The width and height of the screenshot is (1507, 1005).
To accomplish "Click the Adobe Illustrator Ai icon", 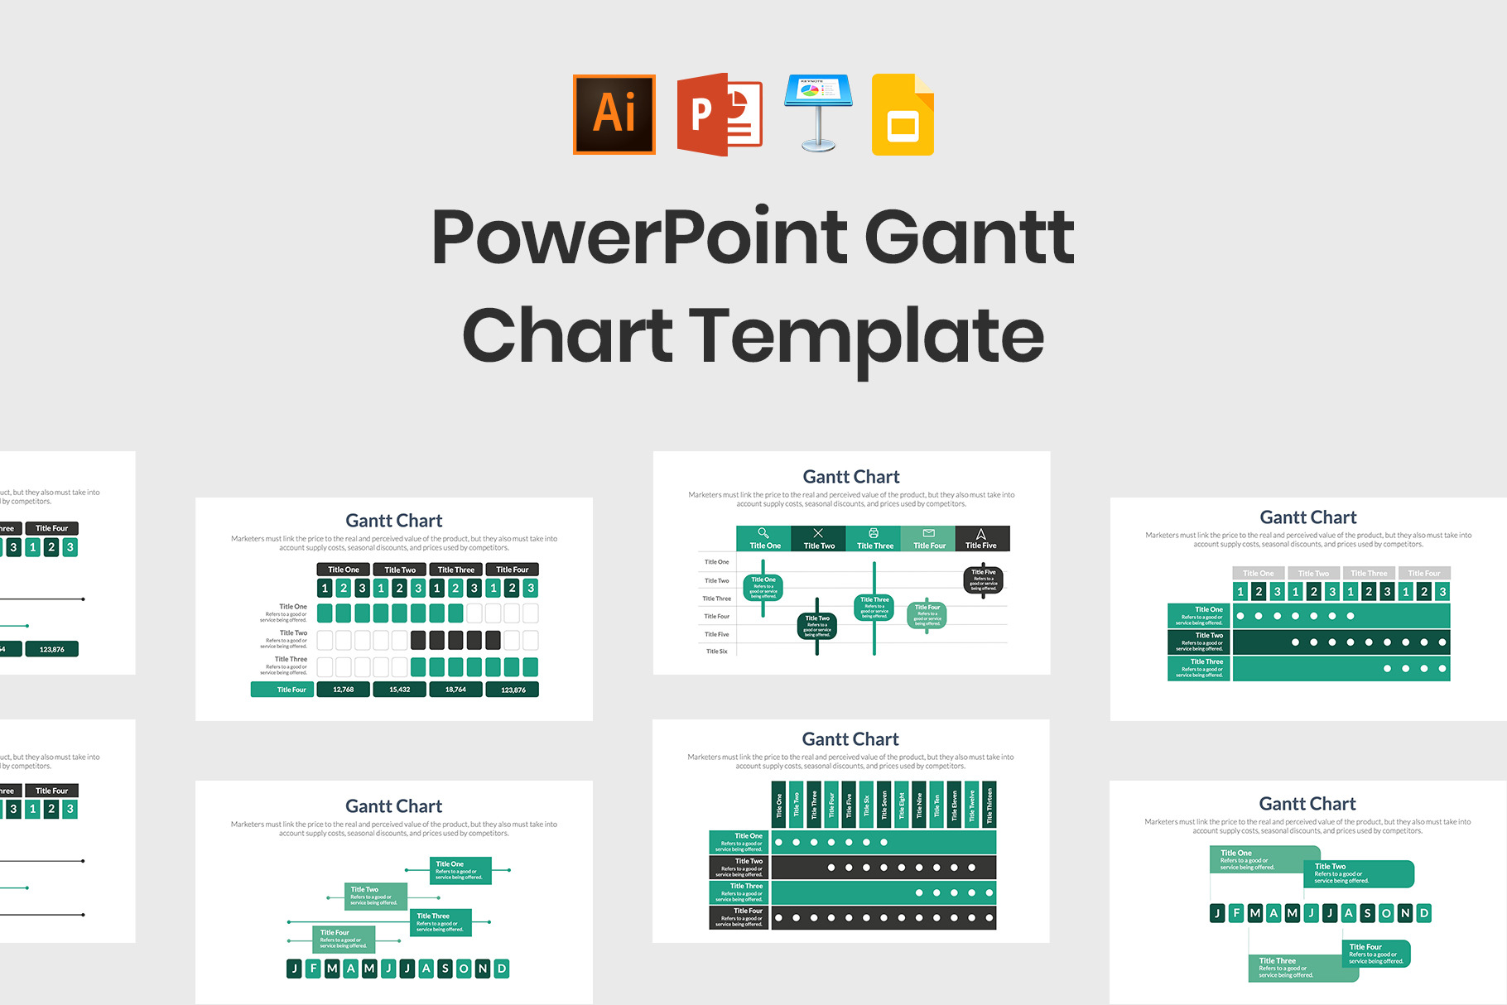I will [614, 114].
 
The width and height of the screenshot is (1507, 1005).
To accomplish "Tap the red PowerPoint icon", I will [719, 114].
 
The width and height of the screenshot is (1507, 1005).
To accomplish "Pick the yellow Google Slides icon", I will [903, 115].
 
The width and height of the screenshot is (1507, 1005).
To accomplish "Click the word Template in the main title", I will [866, 336].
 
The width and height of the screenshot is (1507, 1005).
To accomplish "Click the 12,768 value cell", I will [343, 690].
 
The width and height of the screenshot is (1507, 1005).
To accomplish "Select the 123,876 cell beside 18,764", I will [513, 690].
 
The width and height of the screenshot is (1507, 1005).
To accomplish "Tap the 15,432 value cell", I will [399, 690].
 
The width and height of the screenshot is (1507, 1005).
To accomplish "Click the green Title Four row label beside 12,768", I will [282, 690].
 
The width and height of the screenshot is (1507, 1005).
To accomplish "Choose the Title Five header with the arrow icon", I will [981, 539].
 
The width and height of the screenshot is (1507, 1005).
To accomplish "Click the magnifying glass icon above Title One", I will [763, 533].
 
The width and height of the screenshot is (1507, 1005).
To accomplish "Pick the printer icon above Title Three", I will [874, 533].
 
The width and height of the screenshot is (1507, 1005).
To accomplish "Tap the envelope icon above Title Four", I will [928, 533].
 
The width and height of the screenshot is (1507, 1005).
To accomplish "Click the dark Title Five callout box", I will [984, 579].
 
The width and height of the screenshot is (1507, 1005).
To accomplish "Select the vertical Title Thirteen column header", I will [989, 804].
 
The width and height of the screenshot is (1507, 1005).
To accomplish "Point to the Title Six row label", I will [717, 652].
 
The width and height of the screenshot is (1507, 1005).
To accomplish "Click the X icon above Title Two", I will [818, 533].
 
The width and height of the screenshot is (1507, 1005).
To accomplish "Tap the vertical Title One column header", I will [779, 804].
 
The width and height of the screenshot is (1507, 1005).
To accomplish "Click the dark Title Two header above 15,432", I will [400, 570].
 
